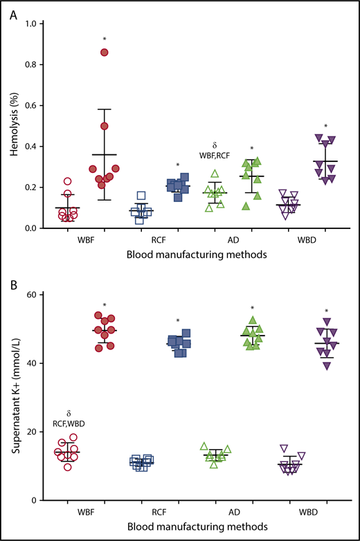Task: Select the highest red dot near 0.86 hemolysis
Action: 105,53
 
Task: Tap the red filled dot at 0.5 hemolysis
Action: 105,126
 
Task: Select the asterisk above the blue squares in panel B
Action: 178,321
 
